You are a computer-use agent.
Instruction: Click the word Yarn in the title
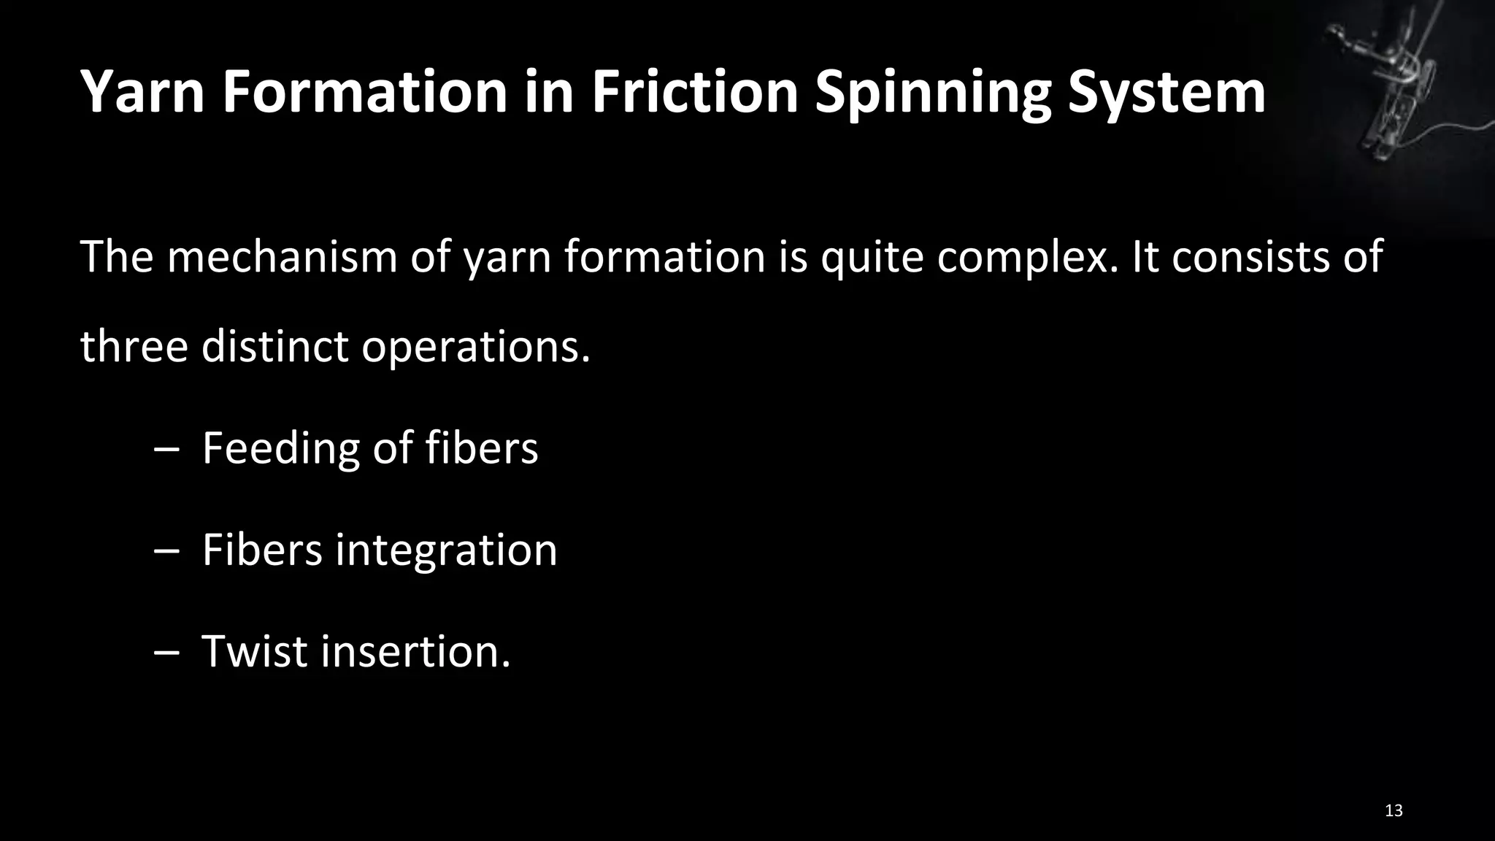[142, 93]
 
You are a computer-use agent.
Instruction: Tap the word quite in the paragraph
[872, 258]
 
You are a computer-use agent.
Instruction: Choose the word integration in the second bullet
[446, 550]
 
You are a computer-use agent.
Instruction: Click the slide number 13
[1393, 810]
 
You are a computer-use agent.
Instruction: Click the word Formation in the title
[364, 93]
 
